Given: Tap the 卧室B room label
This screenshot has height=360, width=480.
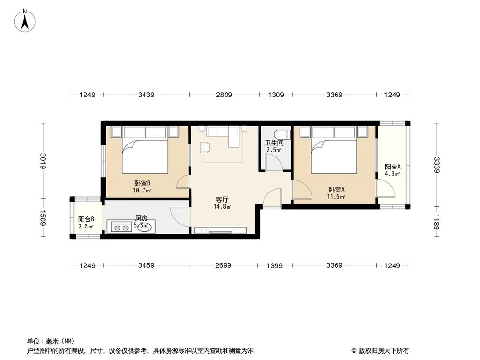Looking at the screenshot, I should [x=143, y=183].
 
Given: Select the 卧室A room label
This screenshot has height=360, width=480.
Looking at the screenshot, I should [x=336, y=189].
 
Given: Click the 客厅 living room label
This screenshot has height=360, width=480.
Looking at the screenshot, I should [x=222, y=199].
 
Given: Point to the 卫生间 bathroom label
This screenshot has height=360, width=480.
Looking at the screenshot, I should [x=274, y=143].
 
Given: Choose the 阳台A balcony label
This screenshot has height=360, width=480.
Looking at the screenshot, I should [x=393, y=167].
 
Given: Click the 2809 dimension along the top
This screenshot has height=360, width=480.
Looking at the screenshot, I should [x=224, y=95].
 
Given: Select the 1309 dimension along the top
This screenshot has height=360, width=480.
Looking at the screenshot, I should [x=276, y=95].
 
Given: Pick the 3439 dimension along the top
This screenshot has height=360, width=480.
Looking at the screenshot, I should [x=146, y=95].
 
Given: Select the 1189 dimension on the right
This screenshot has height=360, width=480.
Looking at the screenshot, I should [x=436, y=222].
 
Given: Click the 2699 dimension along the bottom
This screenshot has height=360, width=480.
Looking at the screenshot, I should [x=224, y=265].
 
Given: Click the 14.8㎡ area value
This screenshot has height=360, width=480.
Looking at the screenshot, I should [x=222, y=207].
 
